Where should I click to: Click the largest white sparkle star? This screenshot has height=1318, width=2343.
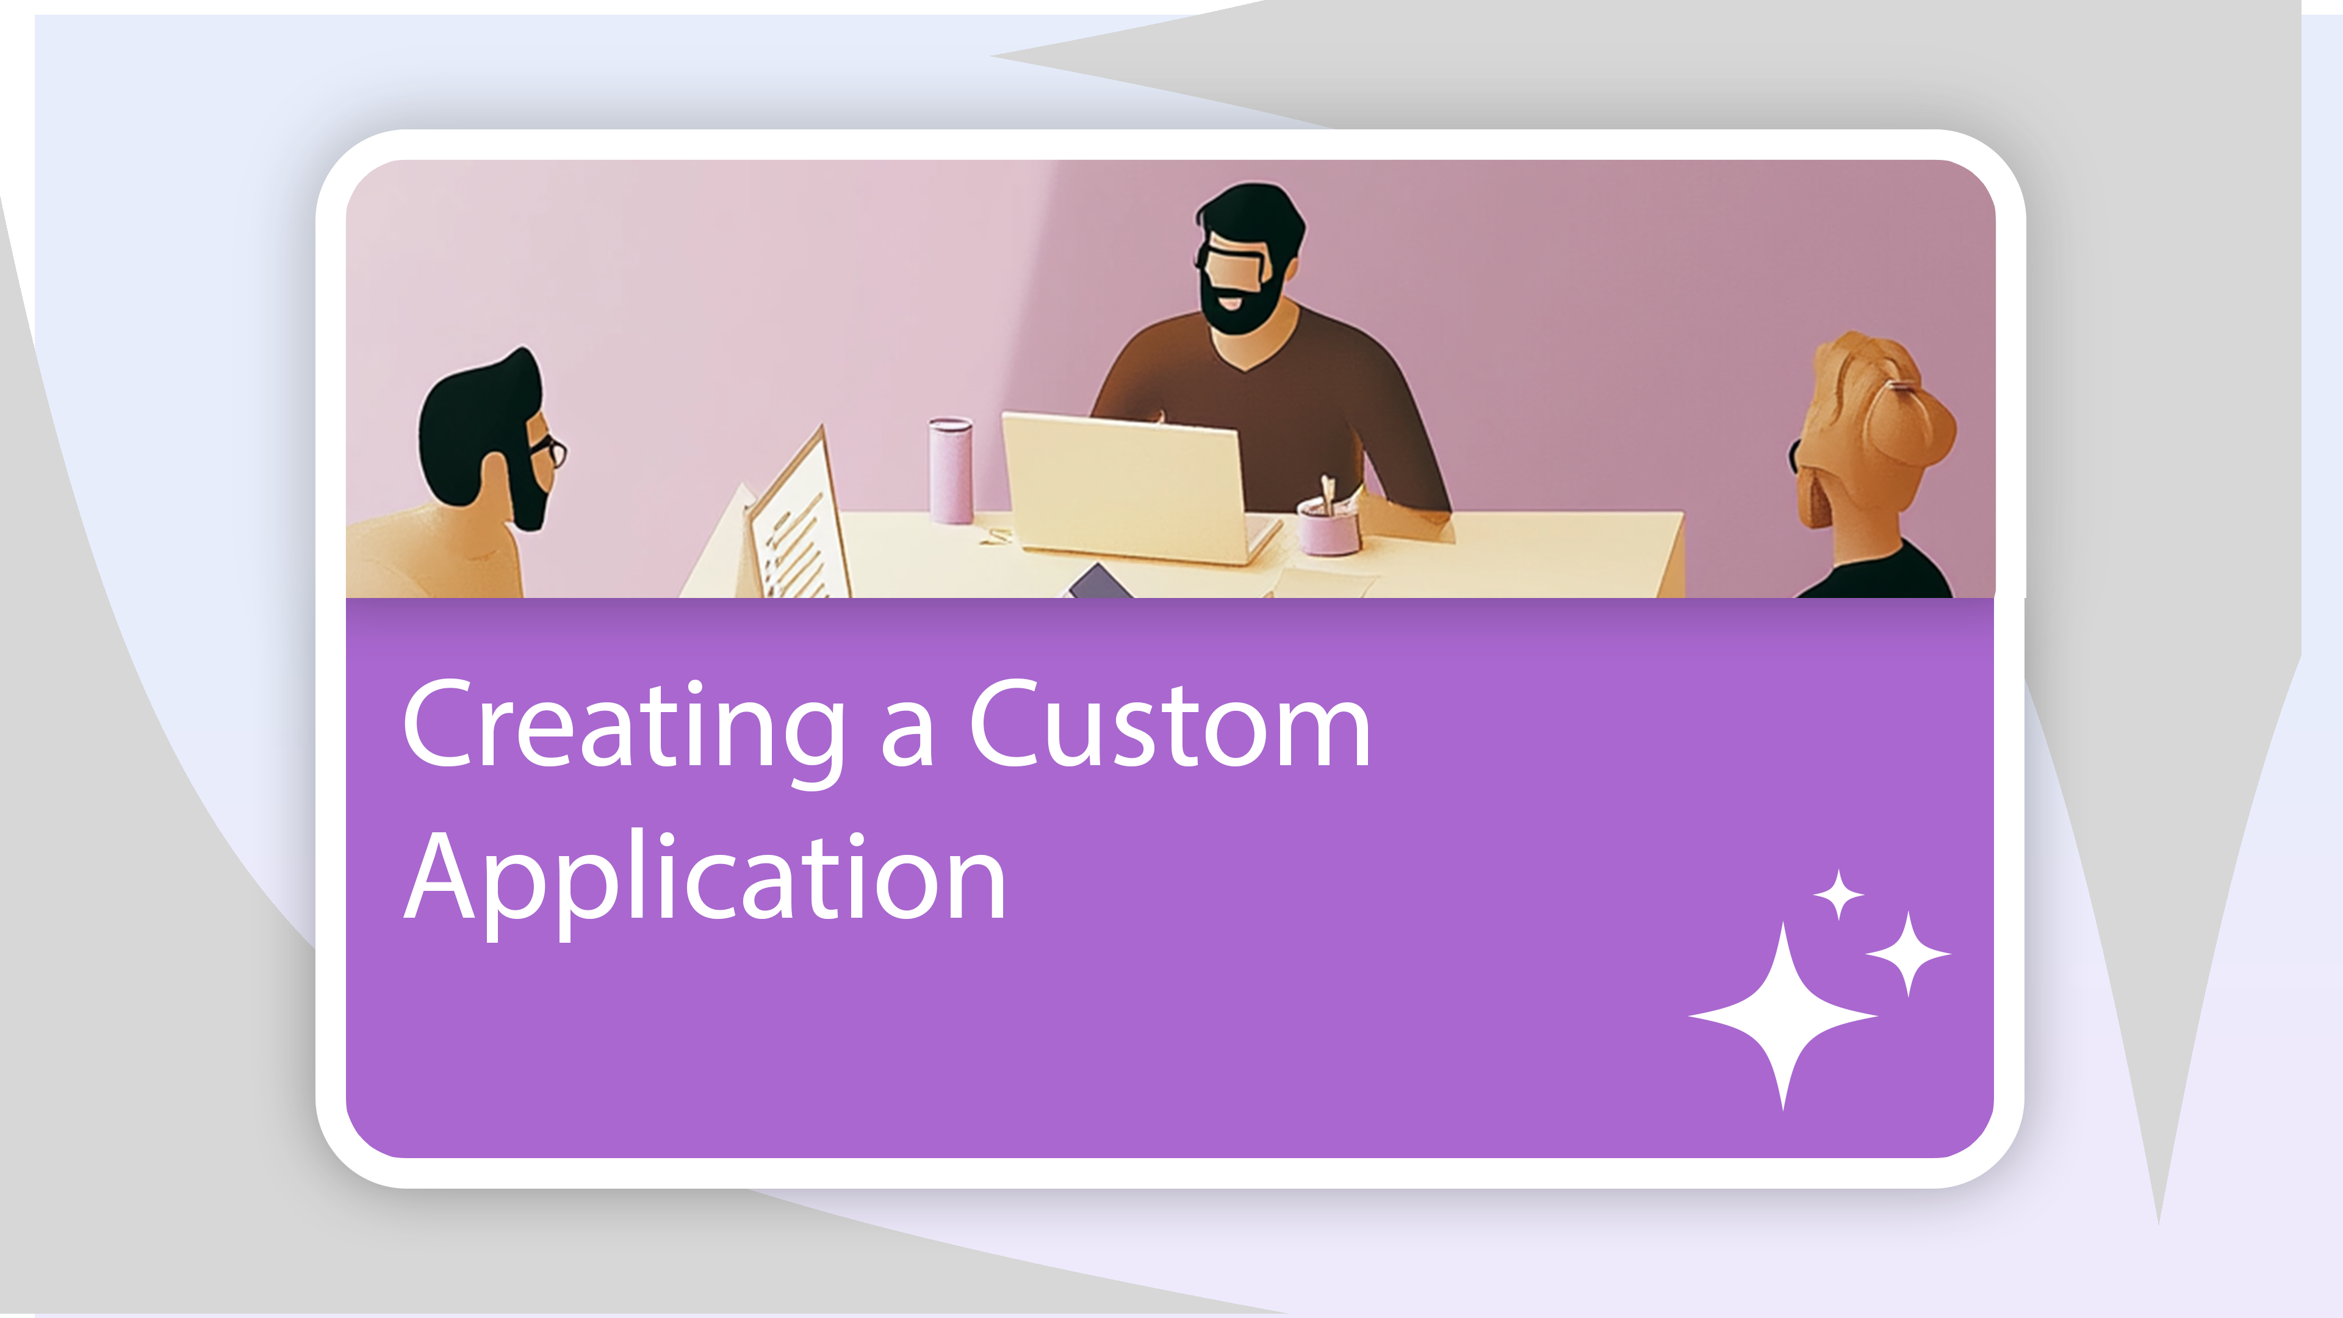1783,1015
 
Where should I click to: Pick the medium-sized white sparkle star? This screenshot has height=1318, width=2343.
1908,954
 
